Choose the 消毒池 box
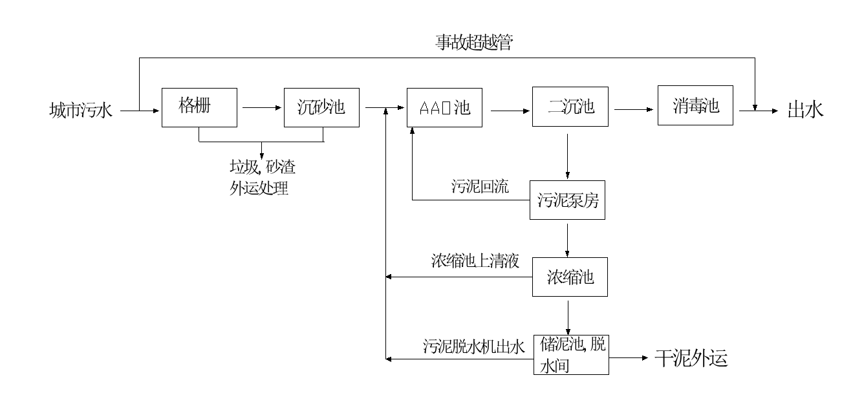coord(696,106)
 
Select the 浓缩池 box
coord(570,278)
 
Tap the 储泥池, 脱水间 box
coord(571,355)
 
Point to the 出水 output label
coord(805,109)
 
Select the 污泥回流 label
coord(480,187)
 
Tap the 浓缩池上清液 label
coord(476,262)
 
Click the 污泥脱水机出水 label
coord(473,347)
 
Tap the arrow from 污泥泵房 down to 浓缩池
coord(568,240)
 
